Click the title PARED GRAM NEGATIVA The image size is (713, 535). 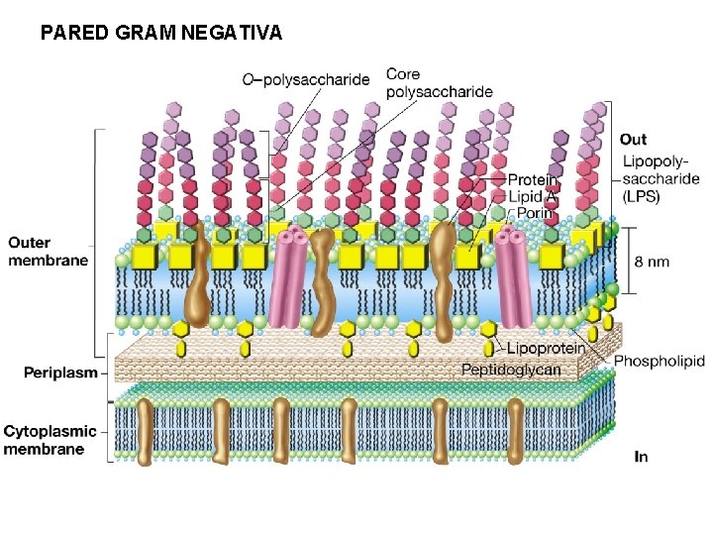tap(161, 33)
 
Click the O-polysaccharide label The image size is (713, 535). tap(306, 79)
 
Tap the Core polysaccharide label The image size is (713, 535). tap(439, 83)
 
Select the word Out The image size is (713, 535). tap(633, 140)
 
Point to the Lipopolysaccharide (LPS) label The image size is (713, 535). tap(655, 179)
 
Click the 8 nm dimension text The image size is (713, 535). tap(651, 262)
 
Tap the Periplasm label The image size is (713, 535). tap(61, 373)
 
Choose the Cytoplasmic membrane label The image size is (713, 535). tap(51, 440)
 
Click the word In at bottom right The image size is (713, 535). tap(641, 457)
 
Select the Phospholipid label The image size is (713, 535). tap(659, 362)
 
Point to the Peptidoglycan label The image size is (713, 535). tap(511, 370)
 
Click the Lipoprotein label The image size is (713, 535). tap(545, 348)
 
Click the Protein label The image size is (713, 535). tap(532, 180)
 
